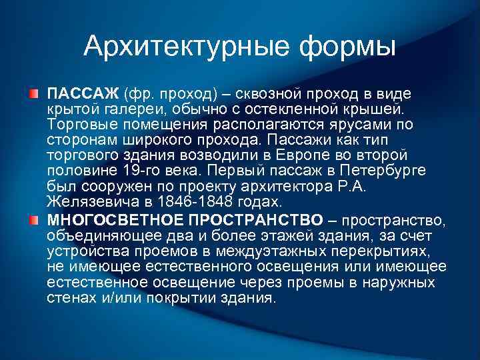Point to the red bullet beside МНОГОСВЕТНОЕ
33,220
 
